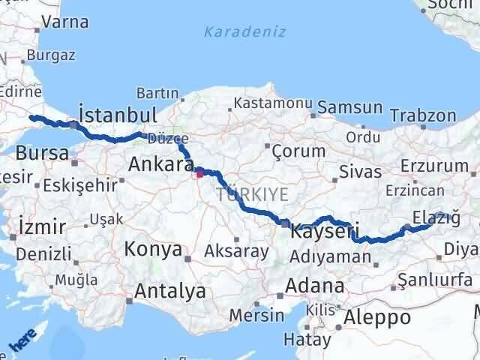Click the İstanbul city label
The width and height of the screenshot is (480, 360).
click(x=118, y=115)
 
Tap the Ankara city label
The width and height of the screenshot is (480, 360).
click(x=161, y=163)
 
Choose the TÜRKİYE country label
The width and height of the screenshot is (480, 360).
click(x=252, y=194)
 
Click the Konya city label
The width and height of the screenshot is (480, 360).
click(x=153, y=249)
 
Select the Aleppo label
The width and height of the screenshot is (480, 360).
click(x=377, y=317)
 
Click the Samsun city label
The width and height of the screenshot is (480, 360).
click(x=349, y=108)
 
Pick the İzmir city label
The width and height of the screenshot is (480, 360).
click(x=40, y=226)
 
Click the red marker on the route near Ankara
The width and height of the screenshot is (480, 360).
click(x=199, y=176)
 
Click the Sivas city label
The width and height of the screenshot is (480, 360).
click(x=355, y=171)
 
